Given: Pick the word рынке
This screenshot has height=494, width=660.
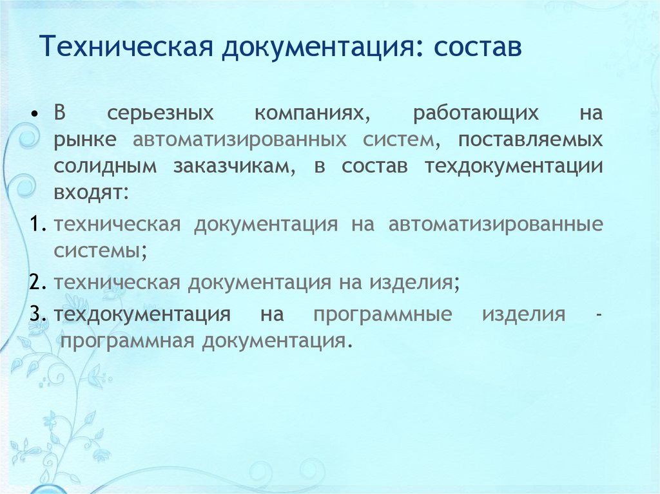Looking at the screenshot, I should coord(85,139).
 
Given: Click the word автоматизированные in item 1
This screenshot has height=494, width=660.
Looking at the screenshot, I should coord(495,225).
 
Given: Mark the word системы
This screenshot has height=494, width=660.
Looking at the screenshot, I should coord(100,251).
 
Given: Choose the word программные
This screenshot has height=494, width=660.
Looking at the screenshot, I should coord(382,315).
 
